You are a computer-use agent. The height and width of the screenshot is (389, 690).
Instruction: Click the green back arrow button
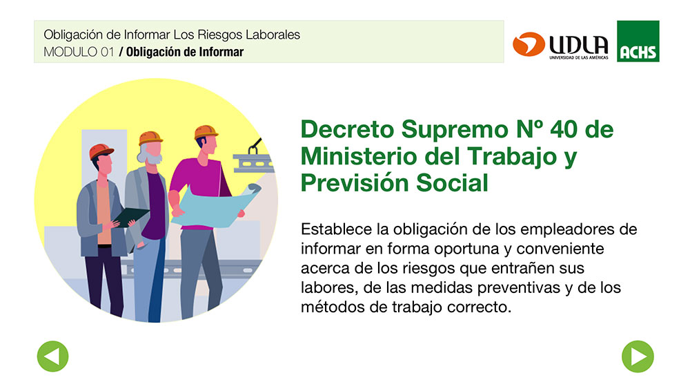click(x=53, y=357)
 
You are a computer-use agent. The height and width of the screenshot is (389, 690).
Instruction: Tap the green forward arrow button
click(x=638, y=357)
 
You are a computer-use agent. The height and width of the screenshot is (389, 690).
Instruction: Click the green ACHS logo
click(x=638, y=41)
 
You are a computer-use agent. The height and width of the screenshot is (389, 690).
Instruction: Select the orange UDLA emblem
click(x=529, y=44)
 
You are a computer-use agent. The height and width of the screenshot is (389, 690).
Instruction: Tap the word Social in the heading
click(x=453, y=183)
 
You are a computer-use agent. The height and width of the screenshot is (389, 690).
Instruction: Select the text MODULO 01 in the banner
click(x=79, y=52)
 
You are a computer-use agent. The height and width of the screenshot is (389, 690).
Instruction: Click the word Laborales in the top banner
click(x=273, y=35)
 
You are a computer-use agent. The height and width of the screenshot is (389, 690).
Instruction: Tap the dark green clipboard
click(x=131, y=217)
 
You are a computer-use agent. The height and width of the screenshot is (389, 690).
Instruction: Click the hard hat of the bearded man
click(x=150, y=138)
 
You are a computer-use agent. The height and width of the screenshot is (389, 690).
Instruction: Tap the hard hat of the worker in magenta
click(x=206, y=132)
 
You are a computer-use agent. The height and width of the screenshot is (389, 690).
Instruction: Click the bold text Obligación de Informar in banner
click(x=185, y=52)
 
